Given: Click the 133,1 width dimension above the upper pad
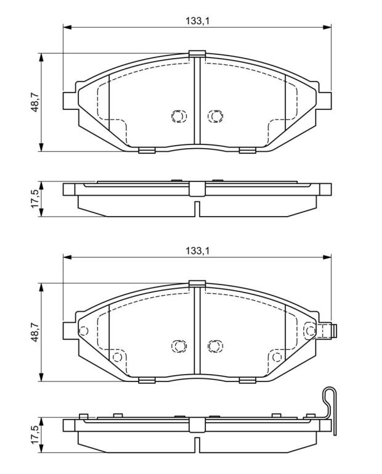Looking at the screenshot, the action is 197,21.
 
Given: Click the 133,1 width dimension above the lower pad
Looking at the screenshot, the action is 197,251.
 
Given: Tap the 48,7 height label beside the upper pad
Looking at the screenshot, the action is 35,102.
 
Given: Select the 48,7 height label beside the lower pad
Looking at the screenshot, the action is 35,332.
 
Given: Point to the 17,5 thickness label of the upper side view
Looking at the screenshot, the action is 35,199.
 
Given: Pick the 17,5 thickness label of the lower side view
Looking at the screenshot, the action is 35,434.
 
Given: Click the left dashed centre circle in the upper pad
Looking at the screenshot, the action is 179,116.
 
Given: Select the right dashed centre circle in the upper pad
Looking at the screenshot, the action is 215,116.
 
